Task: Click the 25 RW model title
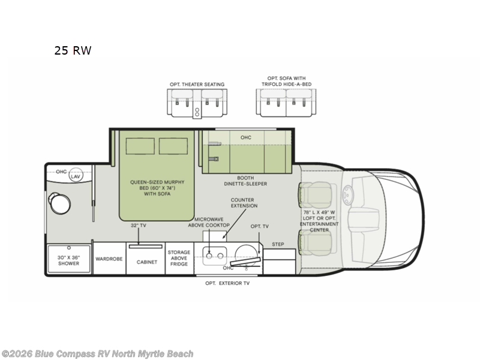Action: [x=73, y=51]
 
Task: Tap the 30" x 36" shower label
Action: [x=68, y=260]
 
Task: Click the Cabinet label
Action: [x=146, y=262]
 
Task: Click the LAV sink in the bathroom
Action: [x=76, y=176]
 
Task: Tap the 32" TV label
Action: [x=139, y=226]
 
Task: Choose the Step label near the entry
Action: [x=278, y=244]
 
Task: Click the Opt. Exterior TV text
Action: [x=227, y=283]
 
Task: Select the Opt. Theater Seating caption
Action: [x=197, y=85]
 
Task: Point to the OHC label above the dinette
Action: [x=246, y=137]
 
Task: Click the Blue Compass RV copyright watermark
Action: [x=97, y=354]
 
